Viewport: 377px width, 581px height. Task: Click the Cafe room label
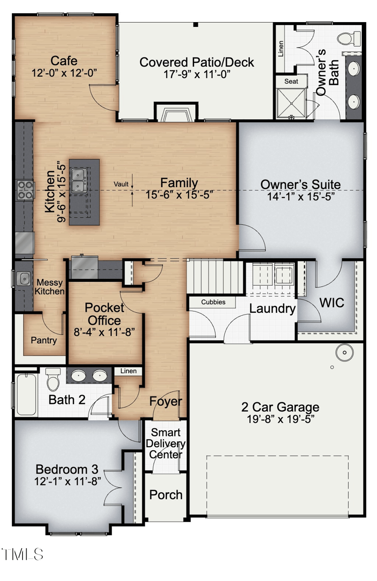pos(64,61)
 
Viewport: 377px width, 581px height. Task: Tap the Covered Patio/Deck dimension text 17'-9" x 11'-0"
pos(197,74)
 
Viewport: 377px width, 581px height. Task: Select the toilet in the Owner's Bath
pos(349,38)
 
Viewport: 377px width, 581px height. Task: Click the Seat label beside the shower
pos(291,82)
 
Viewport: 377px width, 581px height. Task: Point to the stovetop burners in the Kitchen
pos(25,190)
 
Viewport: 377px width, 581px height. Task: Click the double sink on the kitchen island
pos(78,180)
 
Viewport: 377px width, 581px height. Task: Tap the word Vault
pos(121,184)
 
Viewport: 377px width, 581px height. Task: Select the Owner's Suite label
pos(301,185)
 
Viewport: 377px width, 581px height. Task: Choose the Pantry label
pos(44,340)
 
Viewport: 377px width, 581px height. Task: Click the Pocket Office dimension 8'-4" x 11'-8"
pos(104,332)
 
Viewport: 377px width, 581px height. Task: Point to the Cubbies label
pos(213,302)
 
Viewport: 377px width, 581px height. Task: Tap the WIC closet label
pos(332,303)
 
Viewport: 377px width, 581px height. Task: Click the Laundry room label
pos(272,309)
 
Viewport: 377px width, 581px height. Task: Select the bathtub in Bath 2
pos(26,394)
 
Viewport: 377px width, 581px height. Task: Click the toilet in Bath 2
pos(53,379)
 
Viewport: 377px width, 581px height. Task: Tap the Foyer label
pos(166,401)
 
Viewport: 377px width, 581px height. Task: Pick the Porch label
pos(166,495)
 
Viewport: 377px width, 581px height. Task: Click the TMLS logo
pos(22,554)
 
